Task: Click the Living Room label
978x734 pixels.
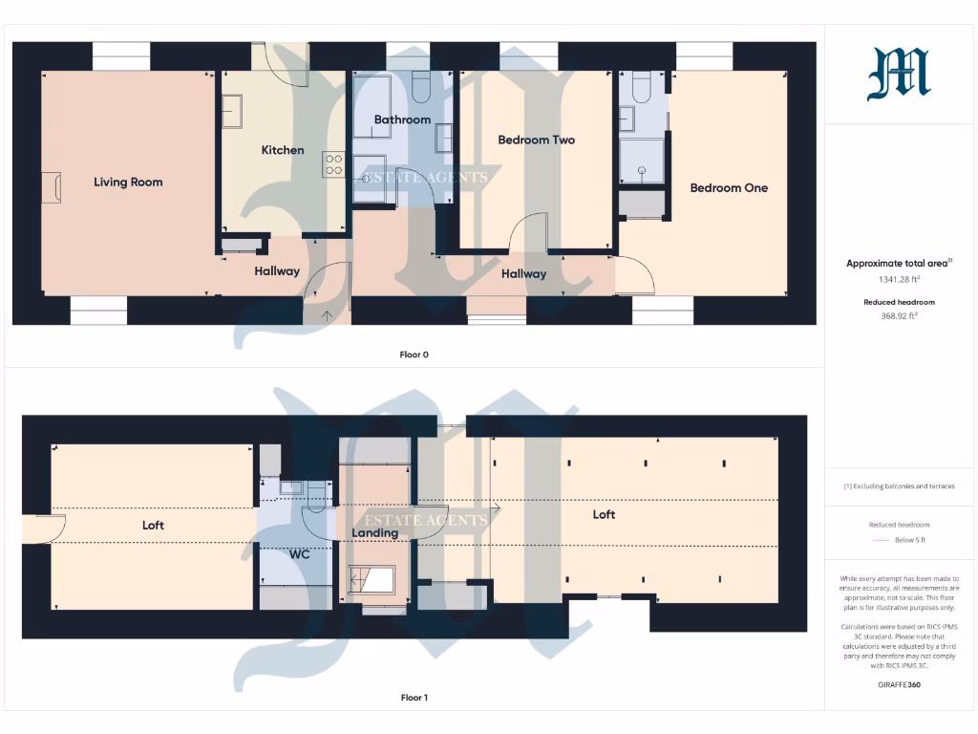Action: (128, 182)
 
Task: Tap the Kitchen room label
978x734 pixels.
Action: (283, 150)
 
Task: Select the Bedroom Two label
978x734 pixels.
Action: (536, 140)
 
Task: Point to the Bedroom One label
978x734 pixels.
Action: (729, 188)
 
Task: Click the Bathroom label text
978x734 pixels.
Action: (402, 120)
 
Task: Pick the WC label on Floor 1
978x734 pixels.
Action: (301, 553)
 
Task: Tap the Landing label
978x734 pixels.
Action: (374, 533)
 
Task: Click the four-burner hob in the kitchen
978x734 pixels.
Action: (333, 164)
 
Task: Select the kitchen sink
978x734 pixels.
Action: (233, 111)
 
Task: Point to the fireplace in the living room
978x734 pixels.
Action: (52, 186)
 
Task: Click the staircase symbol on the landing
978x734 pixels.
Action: (372, 579)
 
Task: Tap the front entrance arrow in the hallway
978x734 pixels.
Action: (328, 314)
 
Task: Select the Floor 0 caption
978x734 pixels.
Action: (414, 355)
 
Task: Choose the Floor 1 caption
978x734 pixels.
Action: (414, 698)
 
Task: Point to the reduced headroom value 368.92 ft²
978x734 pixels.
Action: (898, 315)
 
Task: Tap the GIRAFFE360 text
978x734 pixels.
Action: (898, 684)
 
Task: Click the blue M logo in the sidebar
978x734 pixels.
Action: (898, 75)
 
